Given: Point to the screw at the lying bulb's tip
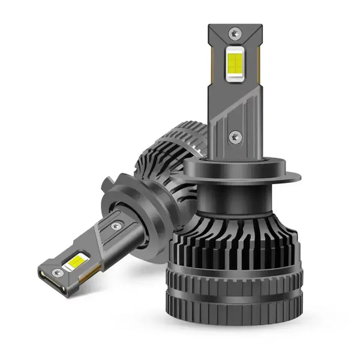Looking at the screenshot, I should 58,272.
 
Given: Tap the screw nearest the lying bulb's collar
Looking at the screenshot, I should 115,226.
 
